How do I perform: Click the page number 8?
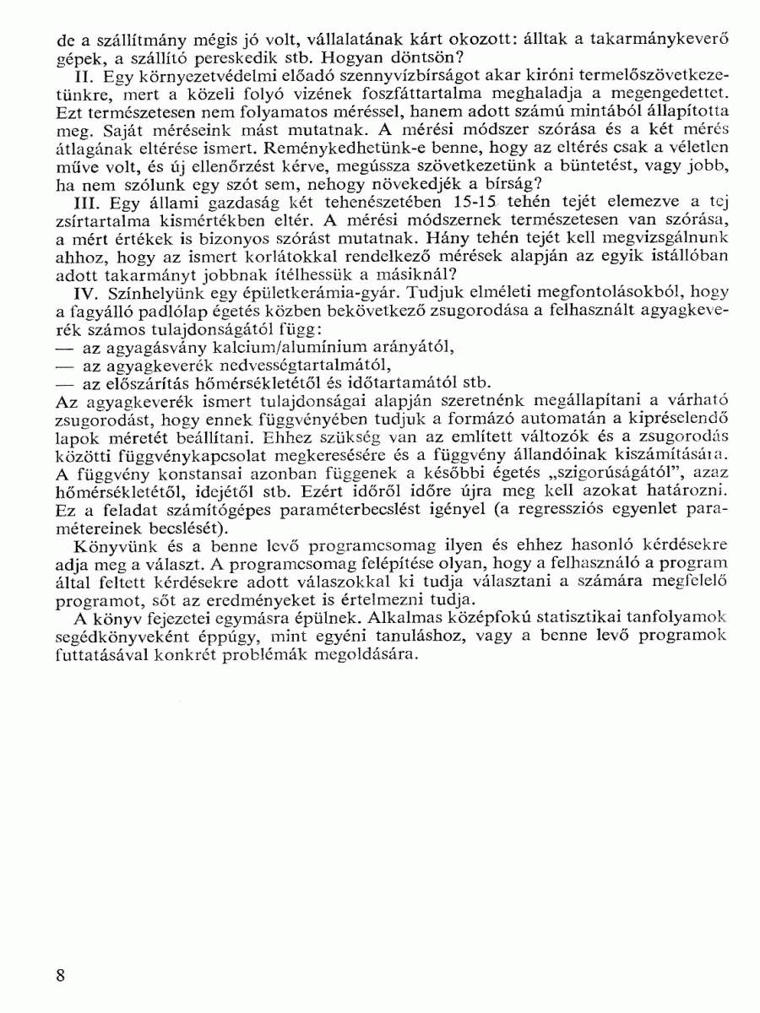61,976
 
